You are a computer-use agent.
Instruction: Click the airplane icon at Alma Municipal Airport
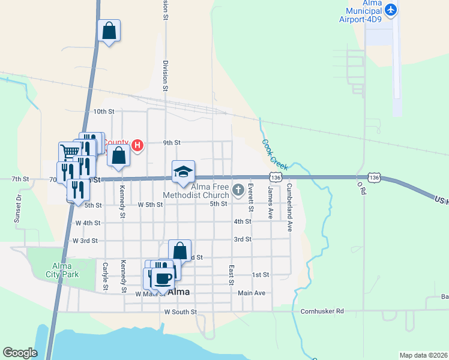[391, 10]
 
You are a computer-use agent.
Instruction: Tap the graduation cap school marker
[183, 172]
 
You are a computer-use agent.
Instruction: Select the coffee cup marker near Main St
[163, 277]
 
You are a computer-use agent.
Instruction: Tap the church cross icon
[238, 191]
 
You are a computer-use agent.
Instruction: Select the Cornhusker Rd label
[322, 311]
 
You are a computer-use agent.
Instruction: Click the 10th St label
[103, 112]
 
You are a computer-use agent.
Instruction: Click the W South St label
[180, 312]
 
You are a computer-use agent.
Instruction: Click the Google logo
[20, 353]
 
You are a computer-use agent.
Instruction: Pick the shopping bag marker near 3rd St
[179, 251]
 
